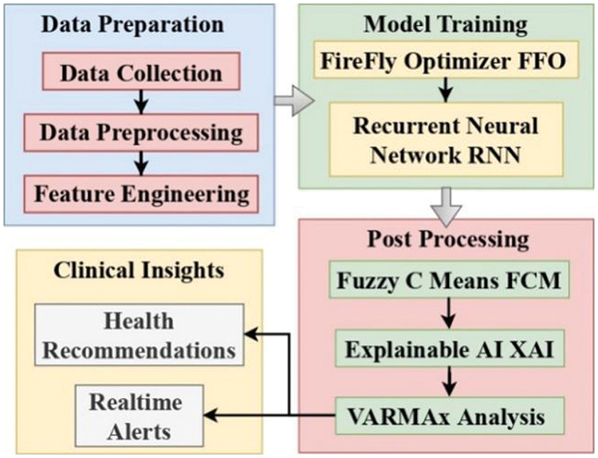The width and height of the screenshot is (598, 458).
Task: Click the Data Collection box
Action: [x=141, y=74]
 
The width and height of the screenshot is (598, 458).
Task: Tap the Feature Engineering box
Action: [x=141, y=192]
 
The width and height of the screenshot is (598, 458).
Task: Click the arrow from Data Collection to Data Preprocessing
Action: [x=142, y=102]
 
